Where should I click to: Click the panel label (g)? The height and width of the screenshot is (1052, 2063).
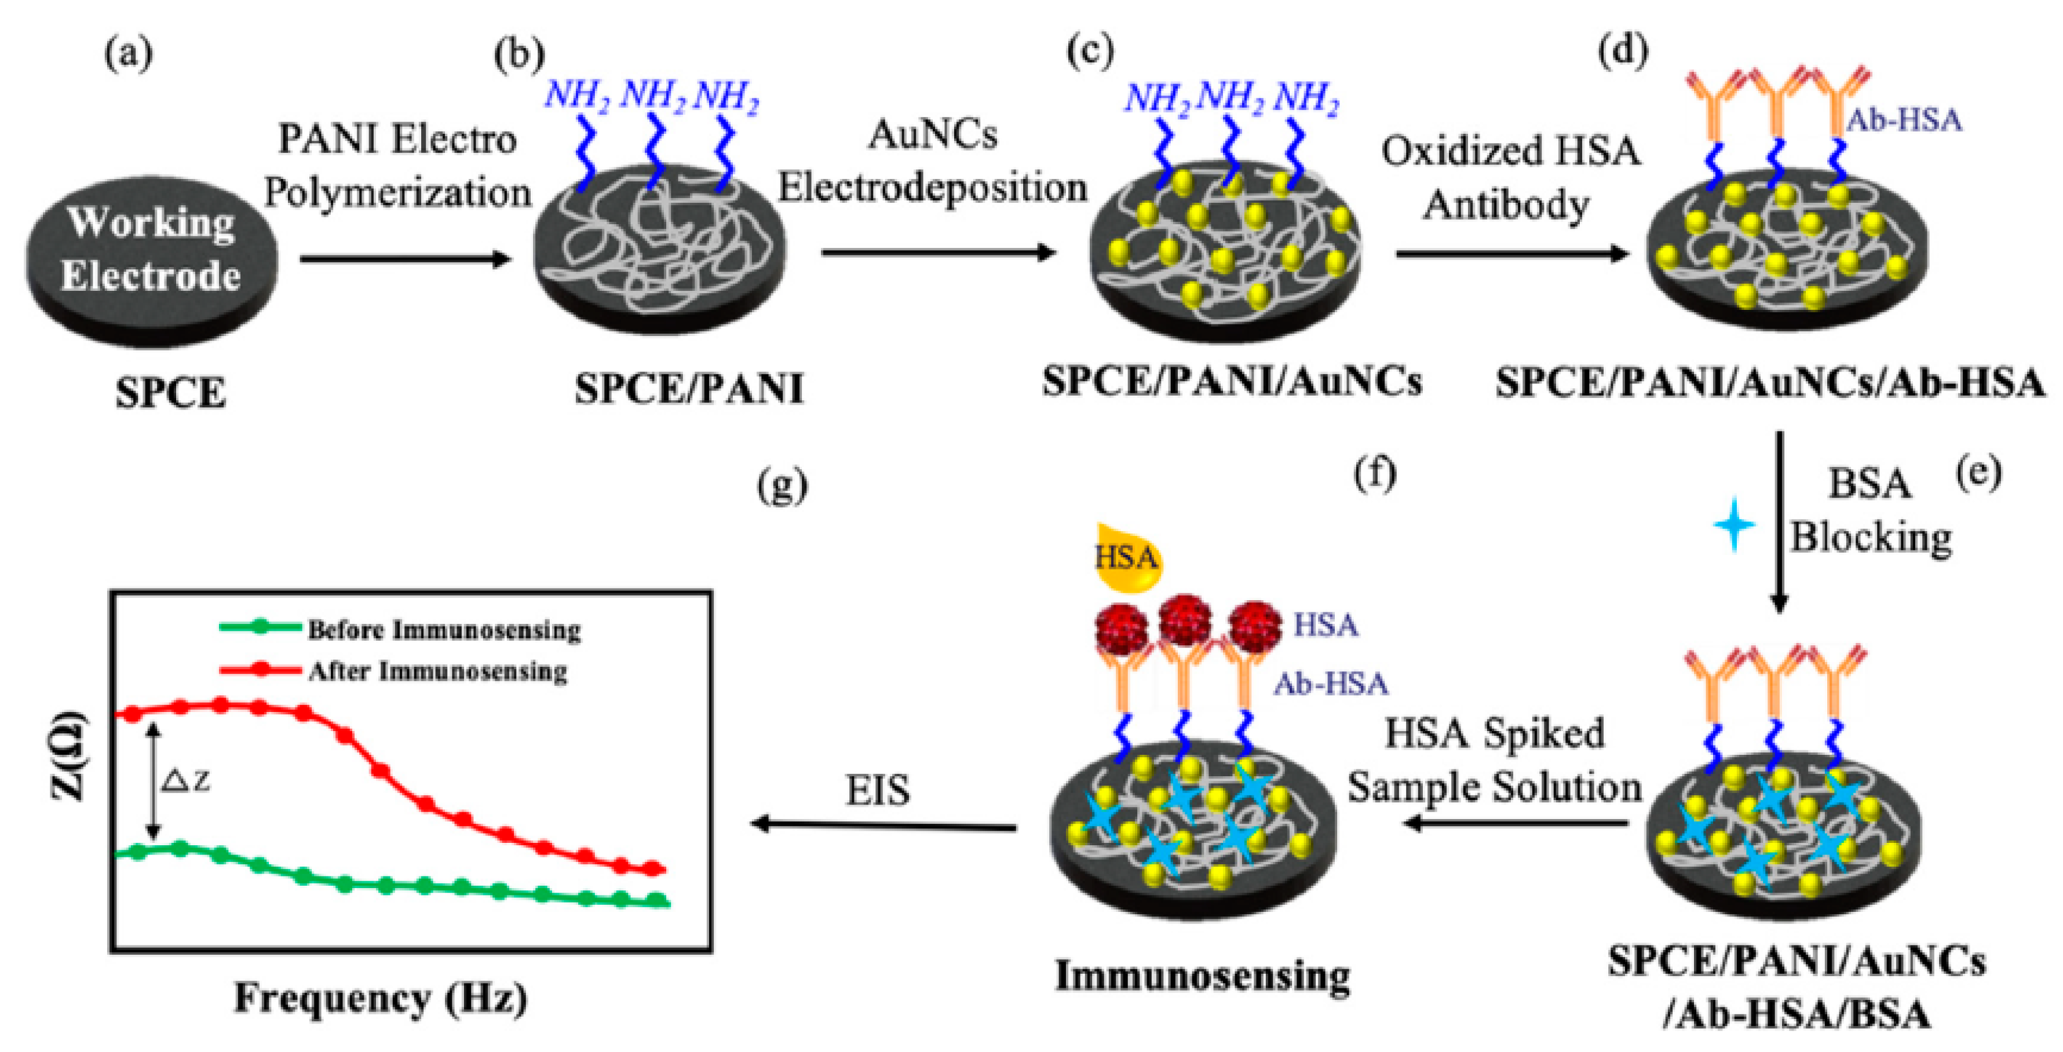(782, 486)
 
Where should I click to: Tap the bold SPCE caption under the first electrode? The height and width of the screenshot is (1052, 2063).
(170, 393)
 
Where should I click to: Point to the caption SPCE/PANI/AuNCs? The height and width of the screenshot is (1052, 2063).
(1232, 381)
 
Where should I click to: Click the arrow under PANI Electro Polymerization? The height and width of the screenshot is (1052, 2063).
(405, 258)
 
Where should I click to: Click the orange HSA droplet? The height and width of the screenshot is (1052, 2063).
(1127, 557)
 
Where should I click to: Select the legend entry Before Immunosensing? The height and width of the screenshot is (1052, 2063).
(400, 630)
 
